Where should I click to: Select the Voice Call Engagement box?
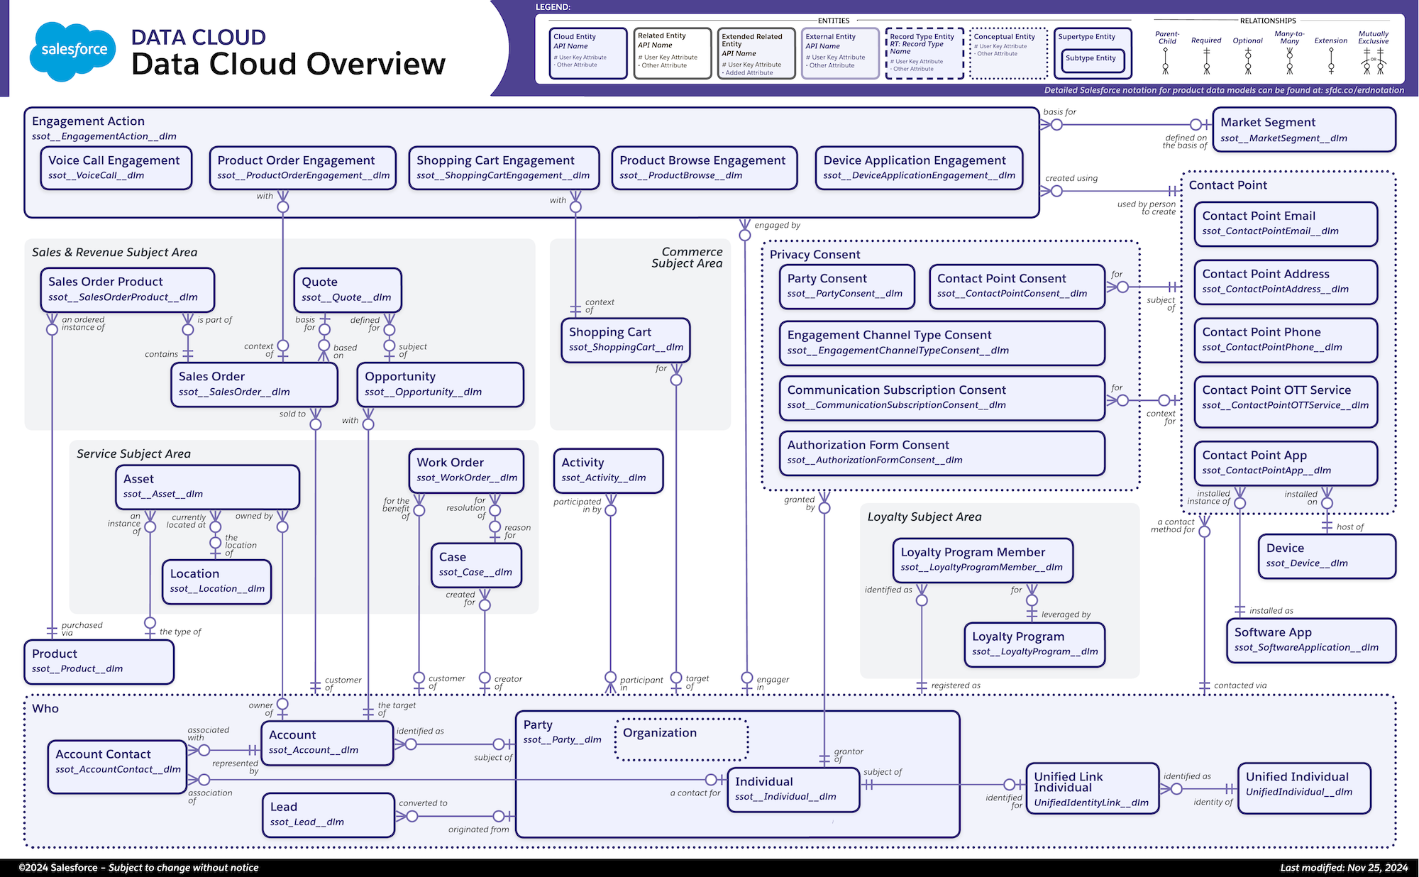pyautogui.click(x=116, y=168)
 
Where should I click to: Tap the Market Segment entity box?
pyautogui.click(x=1303, y=130)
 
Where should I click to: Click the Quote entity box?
pyautogui.click(x=348, y=289)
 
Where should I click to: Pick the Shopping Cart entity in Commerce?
pyautogui.click(x=625, y=340)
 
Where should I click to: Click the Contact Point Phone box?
pyautogui.click(x=1285, y=340)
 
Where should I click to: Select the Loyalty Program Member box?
pyautogui.click(x=982, y=559)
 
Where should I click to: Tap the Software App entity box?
pyautogui.click(x=1310, y=640)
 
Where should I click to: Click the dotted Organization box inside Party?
pyautogui.click(x=681, y=739)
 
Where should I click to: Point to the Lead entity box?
pyautogui.click(x=328, y=815)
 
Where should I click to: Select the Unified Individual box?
pyautogui.click(x=1303, y=787)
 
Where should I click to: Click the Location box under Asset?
pyautogui.click(x=216, y=581)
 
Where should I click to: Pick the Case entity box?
pyautogui.click(x=475, y=565)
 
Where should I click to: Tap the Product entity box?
pyautogui.click(x=99, y=661)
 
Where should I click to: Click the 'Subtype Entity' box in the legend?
pyautogui.click(x=1091, y=59)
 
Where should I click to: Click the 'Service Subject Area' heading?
pyautogui.click(x=133, y=454)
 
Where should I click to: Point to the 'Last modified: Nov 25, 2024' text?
pyautogui.click(x=1343, y=868)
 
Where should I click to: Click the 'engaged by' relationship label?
pyautogui.click(x=777, y=226)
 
